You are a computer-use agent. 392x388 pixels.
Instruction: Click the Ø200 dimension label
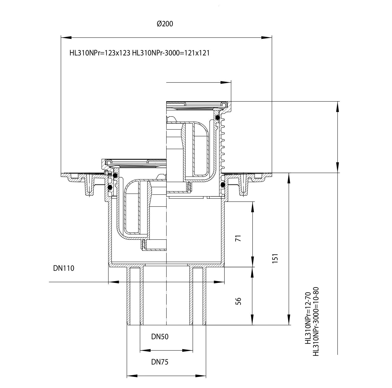165,24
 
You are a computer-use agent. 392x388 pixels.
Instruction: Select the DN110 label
64,268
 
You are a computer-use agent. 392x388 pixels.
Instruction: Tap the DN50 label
160,337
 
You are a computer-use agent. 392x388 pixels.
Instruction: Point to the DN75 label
160,362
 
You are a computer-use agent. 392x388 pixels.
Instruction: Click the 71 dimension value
238,238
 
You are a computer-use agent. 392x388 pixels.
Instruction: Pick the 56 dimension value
238,301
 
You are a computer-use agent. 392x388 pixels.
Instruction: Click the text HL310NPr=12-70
308,318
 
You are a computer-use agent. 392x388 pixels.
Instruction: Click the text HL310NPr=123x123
100,53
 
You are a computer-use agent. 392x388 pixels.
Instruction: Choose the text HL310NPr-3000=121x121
171,53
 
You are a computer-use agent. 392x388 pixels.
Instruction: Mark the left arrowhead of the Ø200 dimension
66,38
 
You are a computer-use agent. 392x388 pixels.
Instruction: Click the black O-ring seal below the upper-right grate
218,117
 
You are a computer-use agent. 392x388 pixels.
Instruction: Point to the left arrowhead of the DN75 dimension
132,376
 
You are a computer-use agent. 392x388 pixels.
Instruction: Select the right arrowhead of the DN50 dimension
187,350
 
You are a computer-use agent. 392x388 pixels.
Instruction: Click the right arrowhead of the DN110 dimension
219,282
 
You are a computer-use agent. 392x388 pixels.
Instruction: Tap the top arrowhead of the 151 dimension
289,178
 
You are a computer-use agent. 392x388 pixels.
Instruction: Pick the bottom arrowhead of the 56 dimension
253,320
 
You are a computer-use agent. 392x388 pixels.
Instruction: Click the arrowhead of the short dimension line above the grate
226,83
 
